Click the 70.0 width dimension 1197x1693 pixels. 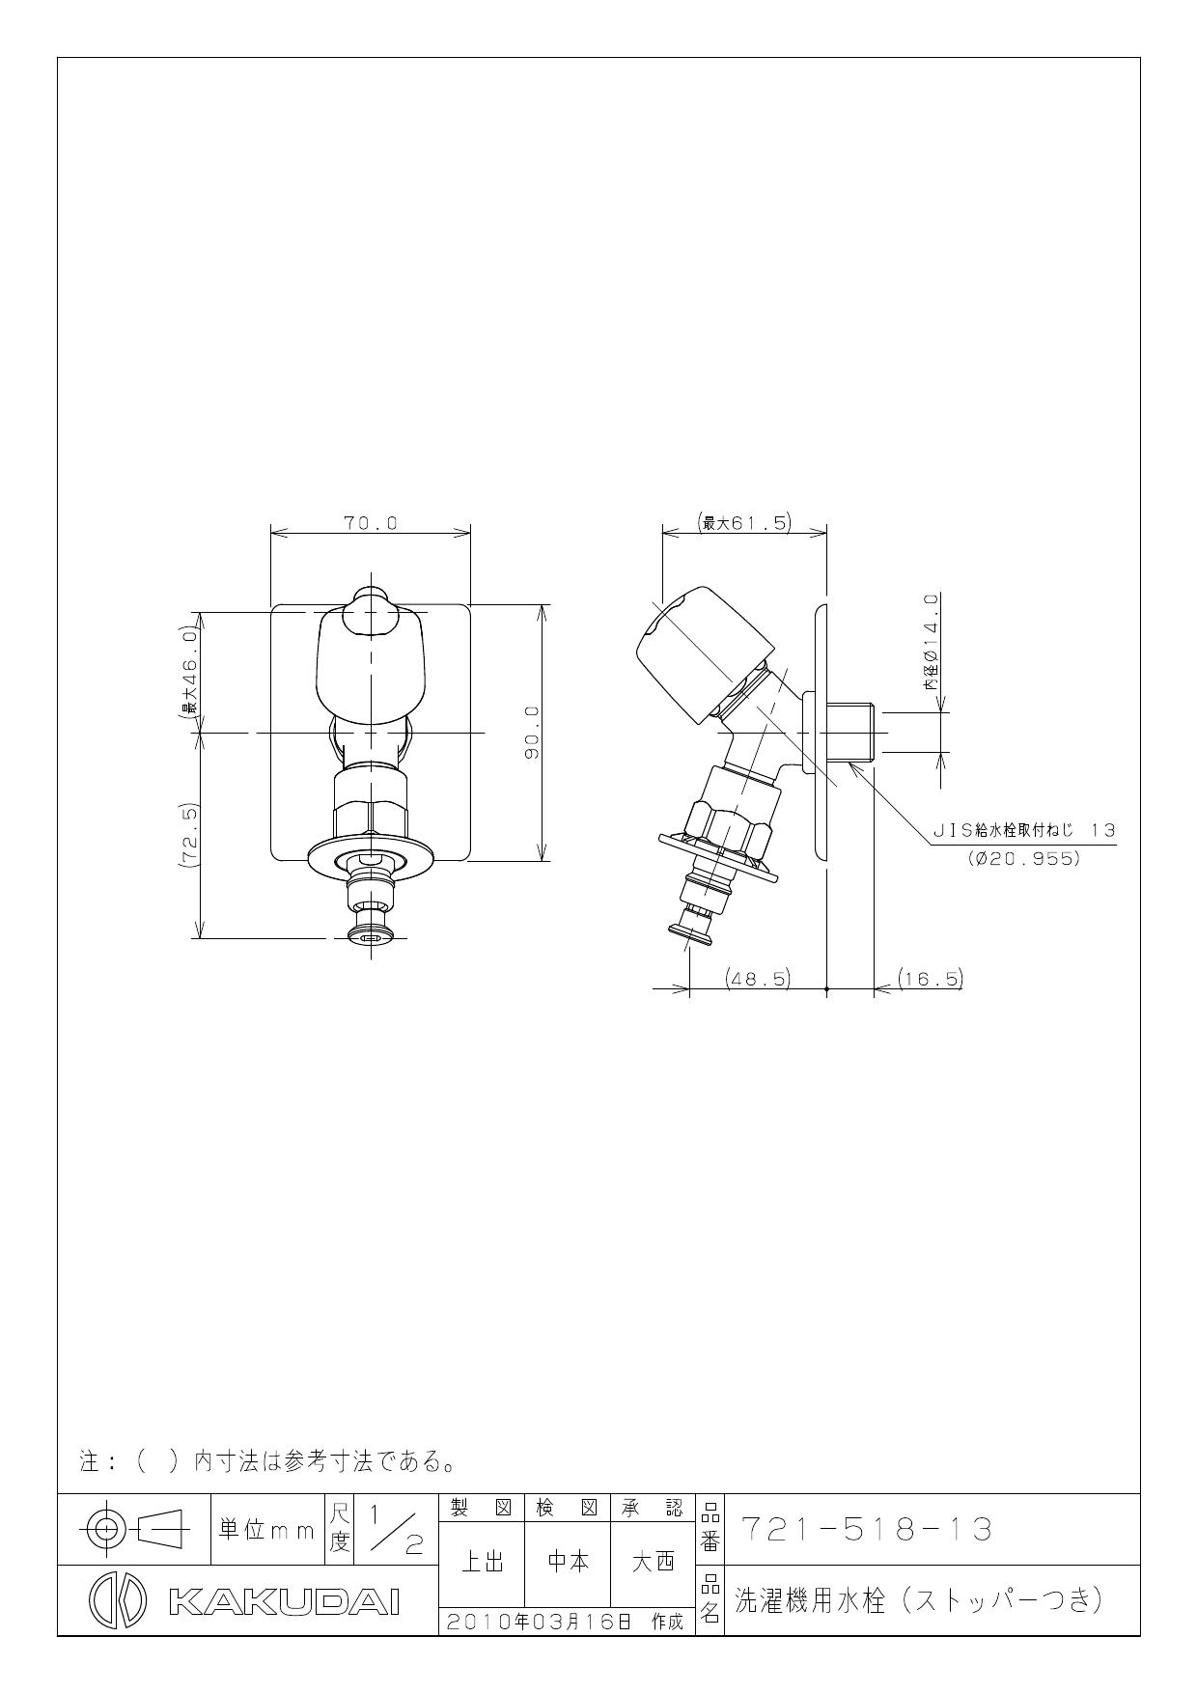pyautogui.click(x=371, y=523)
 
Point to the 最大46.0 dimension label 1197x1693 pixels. pyautogui.click(x=190, y=672)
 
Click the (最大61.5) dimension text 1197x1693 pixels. pyautogui.click(x=743, y=523)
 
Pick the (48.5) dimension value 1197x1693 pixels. pyautogui.click(x=758, y=978)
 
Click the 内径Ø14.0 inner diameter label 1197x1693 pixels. pyautogui.click(x=931, y=642)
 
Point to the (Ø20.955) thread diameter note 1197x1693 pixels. pyautogui.click(x=1023, y=857)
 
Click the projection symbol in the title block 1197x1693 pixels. pyautogui.click(x=134, y=1528)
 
